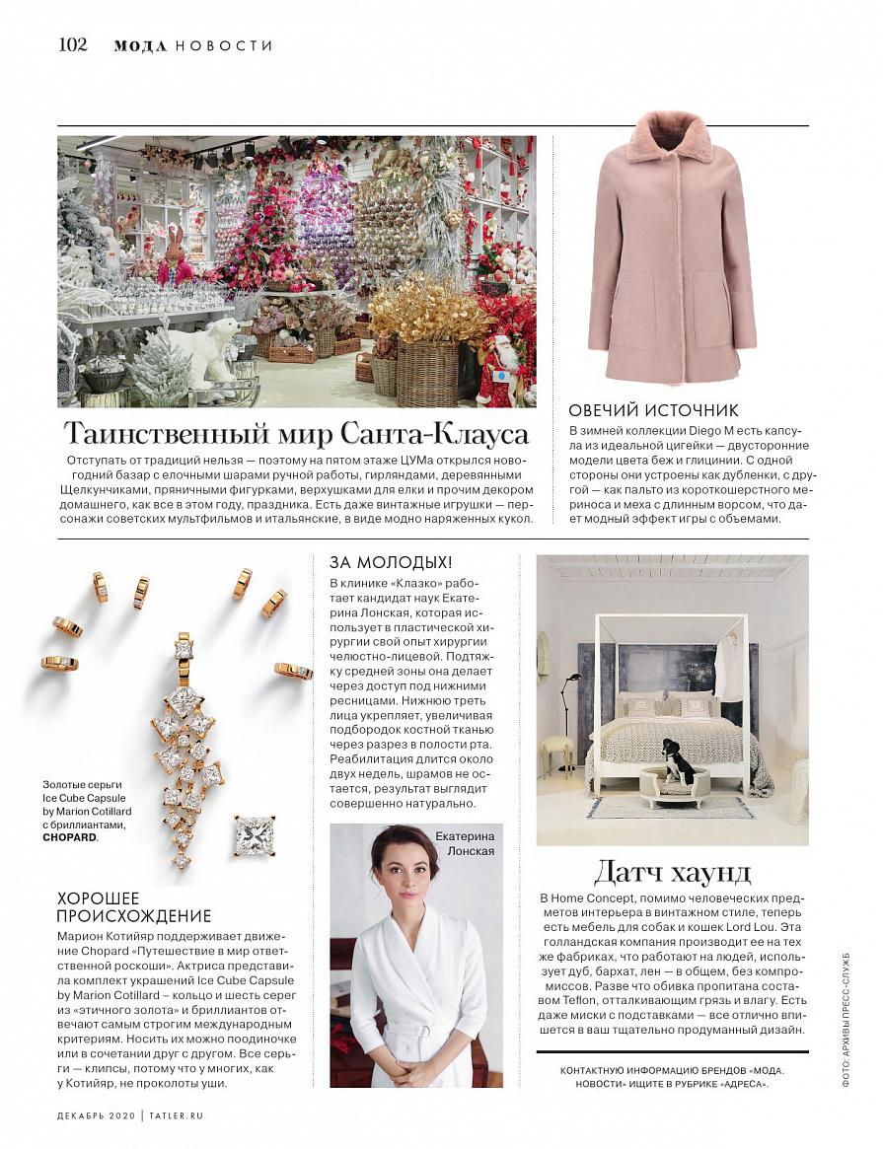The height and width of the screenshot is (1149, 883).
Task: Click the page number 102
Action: [73, 44]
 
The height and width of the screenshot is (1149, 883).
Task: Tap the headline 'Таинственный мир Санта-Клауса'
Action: [296, 434]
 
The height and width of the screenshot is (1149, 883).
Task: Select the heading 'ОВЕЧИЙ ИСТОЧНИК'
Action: [653, 410]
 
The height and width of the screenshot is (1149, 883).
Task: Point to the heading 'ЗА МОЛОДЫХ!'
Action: [391, 562]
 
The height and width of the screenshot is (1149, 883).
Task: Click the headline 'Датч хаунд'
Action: [672, 872]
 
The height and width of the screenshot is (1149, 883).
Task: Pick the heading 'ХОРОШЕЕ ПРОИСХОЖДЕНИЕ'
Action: [134, 907]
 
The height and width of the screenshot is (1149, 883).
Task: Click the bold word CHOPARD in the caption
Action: [70, 837]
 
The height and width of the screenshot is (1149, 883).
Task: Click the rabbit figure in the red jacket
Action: [176, 259]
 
